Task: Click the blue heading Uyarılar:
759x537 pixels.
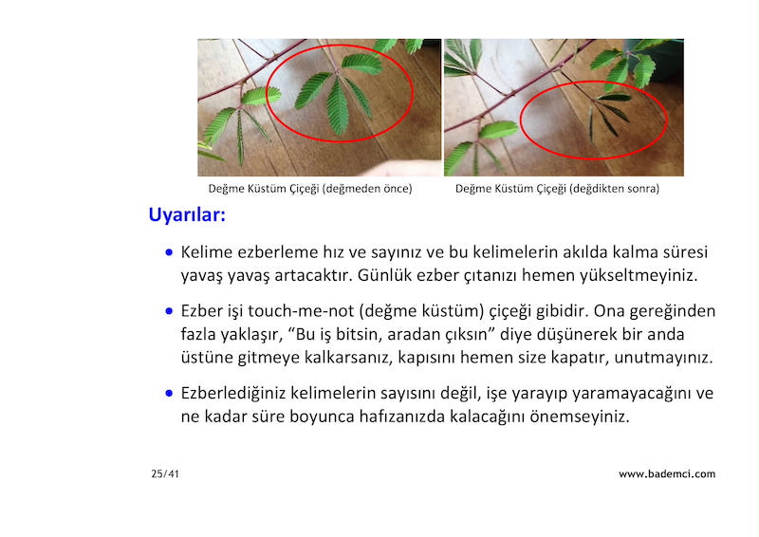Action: [187, 214]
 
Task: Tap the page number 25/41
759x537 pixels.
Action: [165, 474]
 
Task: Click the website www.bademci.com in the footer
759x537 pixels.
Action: [667, 474]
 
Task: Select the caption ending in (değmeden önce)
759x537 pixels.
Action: [310, 189]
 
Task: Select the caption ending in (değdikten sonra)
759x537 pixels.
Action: [557, 189]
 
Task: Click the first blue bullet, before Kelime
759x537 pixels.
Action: [169, 252]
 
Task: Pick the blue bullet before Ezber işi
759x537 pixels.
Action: [169, 311]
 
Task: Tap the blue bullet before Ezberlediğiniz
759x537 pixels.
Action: [169, 393]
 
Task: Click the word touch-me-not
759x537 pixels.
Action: [301, 311]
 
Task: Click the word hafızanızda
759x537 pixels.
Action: [401, 417]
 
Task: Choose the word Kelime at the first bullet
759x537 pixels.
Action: [207, 252]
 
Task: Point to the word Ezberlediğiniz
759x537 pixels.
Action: [233, 393]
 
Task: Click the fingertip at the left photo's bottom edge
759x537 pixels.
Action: [382, 170]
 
